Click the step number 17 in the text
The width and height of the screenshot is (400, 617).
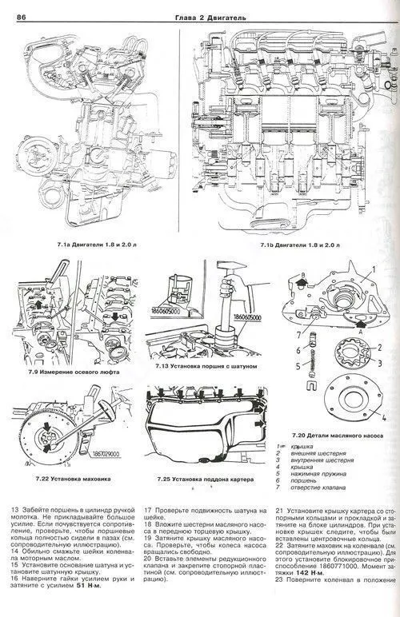click(148, 509)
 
